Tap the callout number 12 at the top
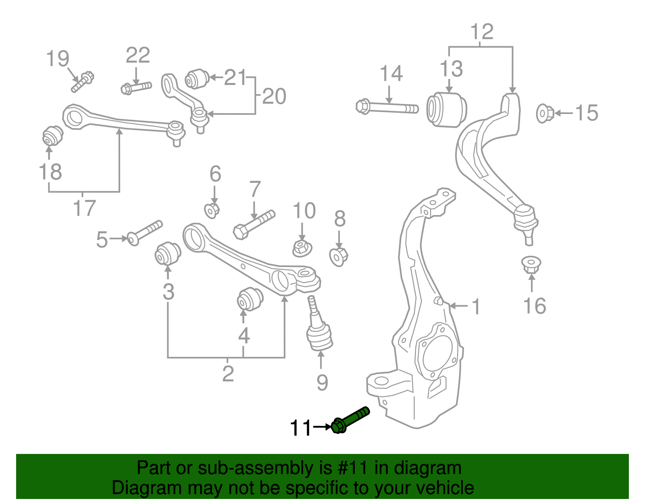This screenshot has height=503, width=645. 481,32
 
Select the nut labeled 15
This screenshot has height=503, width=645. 545,113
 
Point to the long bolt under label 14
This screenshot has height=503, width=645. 387,108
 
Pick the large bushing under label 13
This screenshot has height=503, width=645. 447,110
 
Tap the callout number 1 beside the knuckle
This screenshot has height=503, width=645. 476,307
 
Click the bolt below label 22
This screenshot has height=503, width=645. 136,87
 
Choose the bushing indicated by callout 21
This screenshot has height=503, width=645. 197,79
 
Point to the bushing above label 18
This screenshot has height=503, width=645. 53,136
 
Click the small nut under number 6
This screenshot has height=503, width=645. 212,211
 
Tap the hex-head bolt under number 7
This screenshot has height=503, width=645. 254,224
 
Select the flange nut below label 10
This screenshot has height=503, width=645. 302,248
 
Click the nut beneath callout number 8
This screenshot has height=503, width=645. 339,257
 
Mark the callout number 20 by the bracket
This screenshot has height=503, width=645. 274,97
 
